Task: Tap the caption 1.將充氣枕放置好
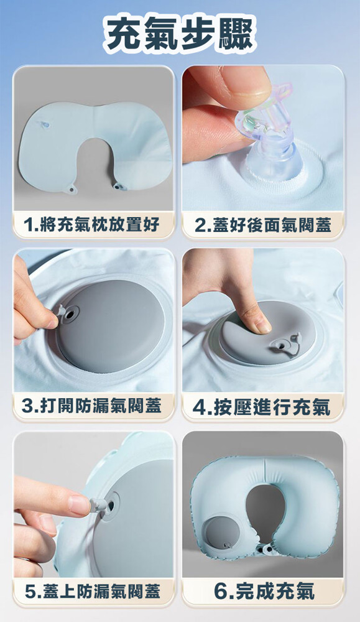[x=91, y=225]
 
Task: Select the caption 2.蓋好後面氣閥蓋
[x=263, y=225]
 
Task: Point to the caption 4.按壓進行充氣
[x=262, y=407]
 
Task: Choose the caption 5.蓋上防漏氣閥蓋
[x=93, y=591]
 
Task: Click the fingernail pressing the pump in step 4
[x=263, y=325]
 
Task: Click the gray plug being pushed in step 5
[x=99, y=505]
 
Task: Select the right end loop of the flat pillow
[x=118, y=185]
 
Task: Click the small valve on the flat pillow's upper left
[x=45, y=125]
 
